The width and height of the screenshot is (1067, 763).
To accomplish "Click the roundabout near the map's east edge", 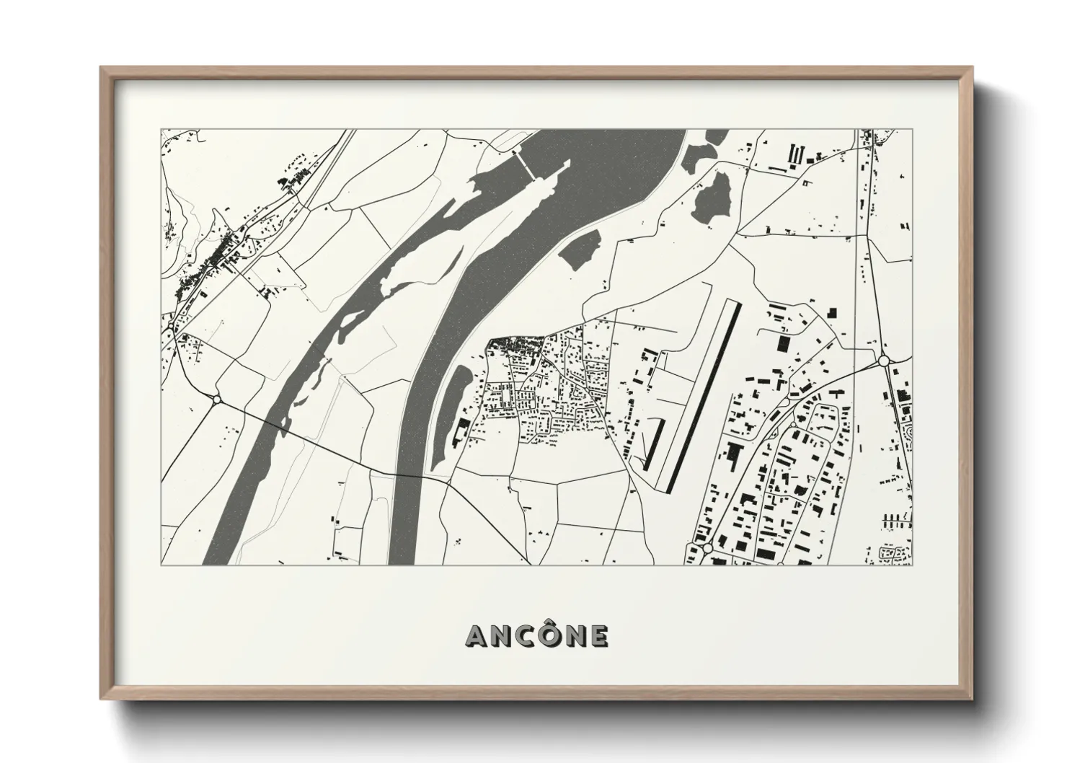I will click(x=884, y=360).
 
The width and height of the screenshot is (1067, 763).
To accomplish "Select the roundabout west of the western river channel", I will click(x=216, y=399).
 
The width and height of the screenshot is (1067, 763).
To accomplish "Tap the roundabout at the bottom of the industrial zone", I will click(x=707, y=549).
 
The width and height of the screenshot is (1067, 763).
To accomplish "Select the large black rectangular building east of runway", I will click(x=784, y=342).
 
